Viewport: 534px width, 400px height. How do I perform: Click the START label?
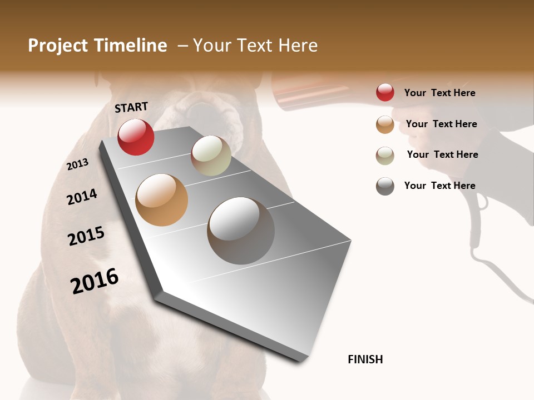pyautogui.click(x=131, y=107)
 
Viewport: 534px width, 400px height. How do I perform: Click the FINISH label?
pyautogui.click(x=365, y=359)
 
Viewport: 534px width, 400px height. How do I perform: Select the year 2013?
pyautogui.click(x=78, y=164)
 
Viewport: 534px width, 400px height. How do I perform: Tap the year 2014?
pyautogui.click(x=82, y=197)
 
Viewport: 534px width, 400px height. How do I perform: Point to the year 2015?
pyautogui.click(x=86, y=236)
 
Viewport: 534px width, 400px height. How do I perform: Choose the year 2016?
pyautogui.click(x=95, y=281)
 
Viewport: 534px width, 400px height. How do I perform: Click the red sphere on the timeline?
pyautogui.click(x=136, y=137)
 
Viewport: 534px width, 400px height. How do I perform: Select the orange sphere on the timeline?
pyautogui.click(x=161, y=200)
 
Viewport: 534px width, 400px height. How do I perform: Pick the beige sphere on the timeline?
pyautogui.click(x=211, y=156)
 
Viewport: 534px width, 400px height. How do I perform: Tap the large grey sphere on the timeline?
pyautogui.click(x=241, y=231)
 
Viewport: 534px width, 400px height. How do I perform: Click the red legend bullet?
pyautogui.click(x=385, y=92)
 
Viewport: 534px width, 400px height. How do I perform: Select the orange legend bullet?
pyautogui.click(x=385, y=124)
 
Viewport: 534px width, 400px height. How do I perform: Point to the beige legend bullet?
pyautogui.click(x=385, y=156)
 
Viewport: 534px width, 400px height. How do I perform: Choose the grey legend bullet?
pyautogui.click(x=385, y=186)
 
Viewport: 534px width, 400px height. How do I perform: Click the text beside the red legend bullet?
pyautogui.click(x=439, y=93)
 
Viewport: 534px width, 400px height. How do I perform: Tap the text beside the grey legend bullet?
pyautogui.click(x=439, y=186)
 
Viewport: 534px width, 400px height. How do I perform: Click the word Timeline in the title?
pyautogui.click(x=131, y=46)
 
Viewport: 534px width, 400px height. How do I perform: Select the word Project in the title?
pyautogui.click(x=57, y=46)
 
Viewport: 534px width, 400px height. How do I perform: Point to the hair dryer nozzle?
pyautogui.click(x=300, y=92)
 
